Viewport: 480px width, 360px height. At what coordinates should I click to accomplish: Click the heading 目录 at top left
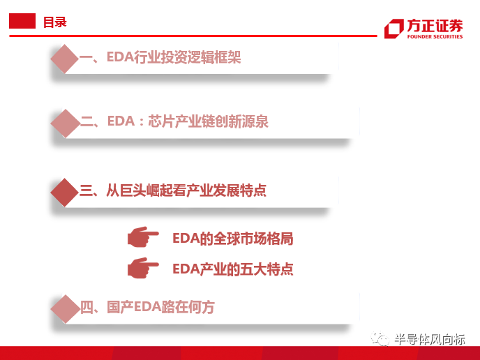pyautogui.click(x=55, y=22)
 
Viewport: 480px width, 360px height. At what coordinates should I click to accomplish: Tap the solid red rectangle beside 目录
pyautogui.click(x=22, y=21)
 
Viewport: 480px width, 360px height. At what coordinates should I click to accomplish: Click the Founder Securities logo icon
pyautogui.click(x=394, y=29)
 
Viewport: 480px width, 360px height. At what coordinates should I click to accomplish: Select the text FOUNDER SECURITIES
pyautogui.click(x=435, y=37)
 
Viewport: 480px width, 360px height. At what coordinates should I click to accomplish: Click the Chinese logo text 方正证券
pyautogui.click(x=435, y=26)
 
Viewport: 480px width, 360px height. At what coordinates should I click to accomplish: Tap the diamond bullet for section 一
pyautogui.click(x=65, y=59)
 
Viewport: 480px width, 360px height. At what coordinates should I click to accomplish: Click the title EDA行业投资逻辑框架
pyautogui.click(x=174, y=57)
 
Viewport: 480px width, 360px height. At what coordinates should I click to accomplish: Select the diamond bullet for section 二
pyautogui.click(x=65, y=123)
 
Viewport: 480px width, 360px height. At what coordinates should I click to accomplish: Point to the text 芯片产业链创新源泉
pyautogui.click(x=208, y=121)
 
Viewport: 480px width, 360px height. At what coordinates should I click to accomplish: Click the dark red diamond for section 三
pyautogui.click(x=65, y=193)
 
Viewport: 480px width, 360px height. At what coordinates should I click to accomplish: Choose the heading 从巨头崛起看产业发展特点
pyautogui.click(x=186, y=190)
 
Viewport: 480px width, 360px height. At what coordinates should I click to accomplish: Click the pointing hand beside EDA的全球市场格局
pyautogui.click(x=142, y=237)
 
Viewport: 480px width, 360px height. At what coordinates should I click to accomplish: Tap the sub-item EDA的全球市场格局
pyautogui.click(x=232, y=239)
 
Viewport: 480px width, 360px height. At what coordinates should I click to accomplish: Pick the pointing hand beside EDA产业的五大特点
pyautogui.click(x=142, y=268)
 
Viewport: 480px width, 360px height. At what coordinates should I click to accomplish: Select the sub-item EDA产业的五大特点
pyautogui.click(x=232, y=269)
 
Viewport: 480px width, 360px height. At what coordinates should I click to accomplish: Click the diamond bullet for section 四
pyautogui.click(x=65, y=309)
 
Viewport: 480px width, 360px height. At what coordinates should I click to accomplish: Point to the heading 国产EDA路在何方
pyautogui.click(x=160, y=307)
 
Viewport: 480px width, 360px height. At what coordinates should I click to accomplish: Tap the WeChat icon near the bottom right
pyautogui.click(x=380, y=338)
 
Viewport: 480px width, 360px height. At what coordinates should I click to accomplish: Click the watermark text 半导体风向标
pyautogui.click(x=430, y=340)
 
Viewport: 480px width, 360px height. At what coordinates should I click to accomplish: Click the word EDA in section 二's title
pyautogui.click(x=121, y=121)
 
